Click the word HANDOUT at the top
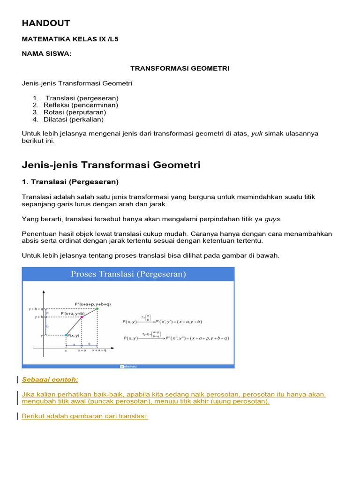45,23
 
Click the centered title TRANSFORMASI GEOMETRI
180,68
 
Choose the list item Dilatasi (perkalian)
75,120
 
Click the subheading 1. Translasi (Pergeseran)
70,182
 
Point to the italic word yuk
257,134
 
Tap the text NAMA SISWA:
47,54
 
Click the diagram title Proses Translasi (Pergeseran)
128,274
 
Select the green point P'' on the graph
97,309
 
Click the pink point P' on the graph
82,317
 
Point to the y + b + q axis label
36,309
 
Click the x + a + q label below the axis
99,350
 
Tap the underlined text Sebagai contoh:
50,379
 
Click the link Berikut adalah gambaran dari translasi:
85,416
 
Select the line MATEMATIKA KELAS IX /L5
70,39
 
